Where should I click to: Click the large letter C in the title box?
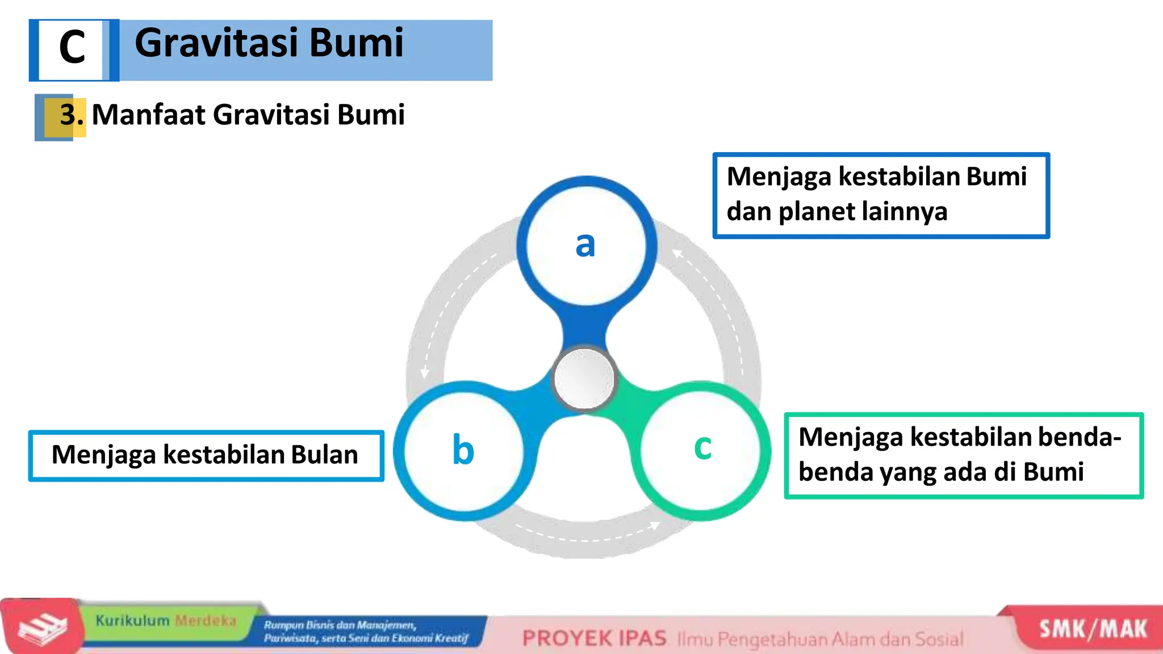click(x=72, y=48)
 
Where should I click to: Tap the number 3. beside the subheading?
click(x=72, y=115)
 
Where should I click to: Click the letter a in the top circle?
click(x=585, y=245)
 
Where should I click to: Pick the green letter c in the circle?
click(x=702, y=447)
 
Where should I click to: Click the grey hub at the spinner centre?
click(x=584, y=379)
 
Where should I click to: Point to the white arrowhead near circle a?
click(x=677, y=253)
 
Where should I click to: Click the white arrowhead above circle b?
click(x=424, y=373)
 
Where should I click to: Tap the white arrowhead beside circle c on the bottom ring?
click(x=654, y=525)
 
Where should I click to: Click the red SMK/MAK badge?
click(x=1093, y=629)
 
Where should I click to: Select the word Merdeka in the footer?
click(x=205, y=621)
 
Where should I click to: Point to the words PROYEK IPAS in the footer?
click(x=594, y=639)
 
